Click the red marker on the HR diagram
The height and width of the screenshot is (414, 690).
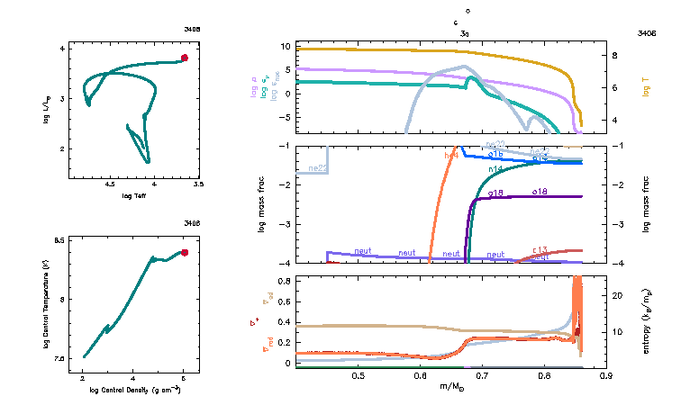tap(184, 58)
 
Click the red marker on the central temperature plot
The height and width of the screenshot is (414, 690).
tap(184, 253)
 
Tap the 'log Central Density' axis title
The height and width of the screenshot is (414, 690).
tap(134, 391)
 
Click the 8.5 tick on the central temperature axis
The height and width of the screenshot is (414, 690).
tap(59, 241)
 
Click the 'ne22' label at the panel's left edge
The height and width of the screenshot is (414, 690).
tap(317, 168)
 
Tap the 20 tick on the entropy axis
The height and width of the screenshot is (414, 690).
tap(618, 295)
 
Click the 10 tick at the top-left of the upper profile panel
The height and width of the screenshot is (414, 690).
tap(285, 46)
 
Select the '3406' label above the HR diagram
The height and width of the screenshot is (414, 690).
tap(191, 29)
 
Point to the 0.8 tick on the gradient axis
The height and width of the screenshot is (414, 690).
tap(284, 282)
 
